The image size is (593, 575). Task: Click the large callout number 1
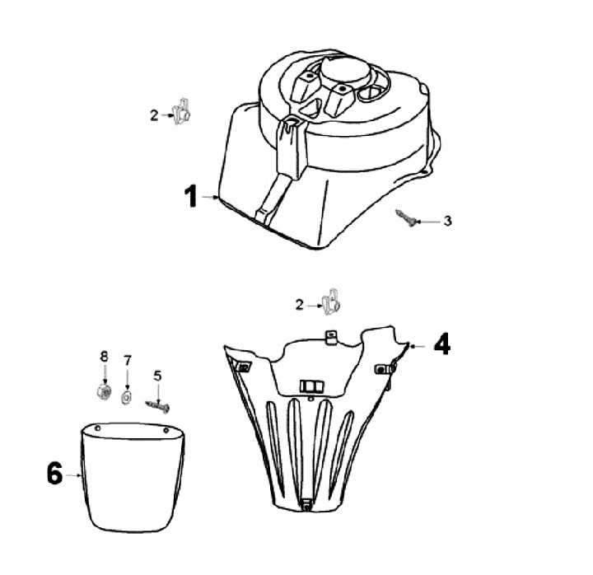[191, 196]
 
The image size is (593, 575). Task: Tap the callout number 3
[448, 221]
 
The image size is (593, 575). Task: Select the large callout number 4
[441, 344]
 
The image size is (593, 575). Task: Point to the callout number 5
[157, 376]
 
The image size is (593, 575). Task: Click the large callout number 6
[55, 473]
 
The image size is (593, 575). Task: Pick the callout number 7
[128, 361]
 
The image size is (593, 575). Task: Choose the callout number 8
[105, 357]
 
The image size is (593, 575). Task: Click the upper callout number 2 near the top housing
[154, 115]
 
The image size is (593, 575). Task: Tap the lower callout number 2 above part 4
[300, 305]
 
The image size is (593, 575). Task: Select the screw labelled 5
[157, 407]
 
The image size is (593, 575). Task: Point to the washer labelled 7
[126, 397]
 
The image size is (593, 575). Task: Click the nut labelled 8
[103, 390]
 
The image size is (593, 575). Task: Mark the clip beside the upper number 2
[181, 111]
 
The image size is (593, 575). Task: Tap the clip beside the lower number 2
[330, 302]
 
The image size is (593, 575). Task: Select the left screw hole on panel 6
[97, 428]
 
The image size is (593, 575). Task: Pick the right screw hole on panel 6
[166, 430]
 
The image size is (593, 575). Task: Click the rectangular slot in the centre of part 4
[312, 386]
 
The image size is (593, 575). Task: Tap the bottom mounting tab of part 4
[306, 504]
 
